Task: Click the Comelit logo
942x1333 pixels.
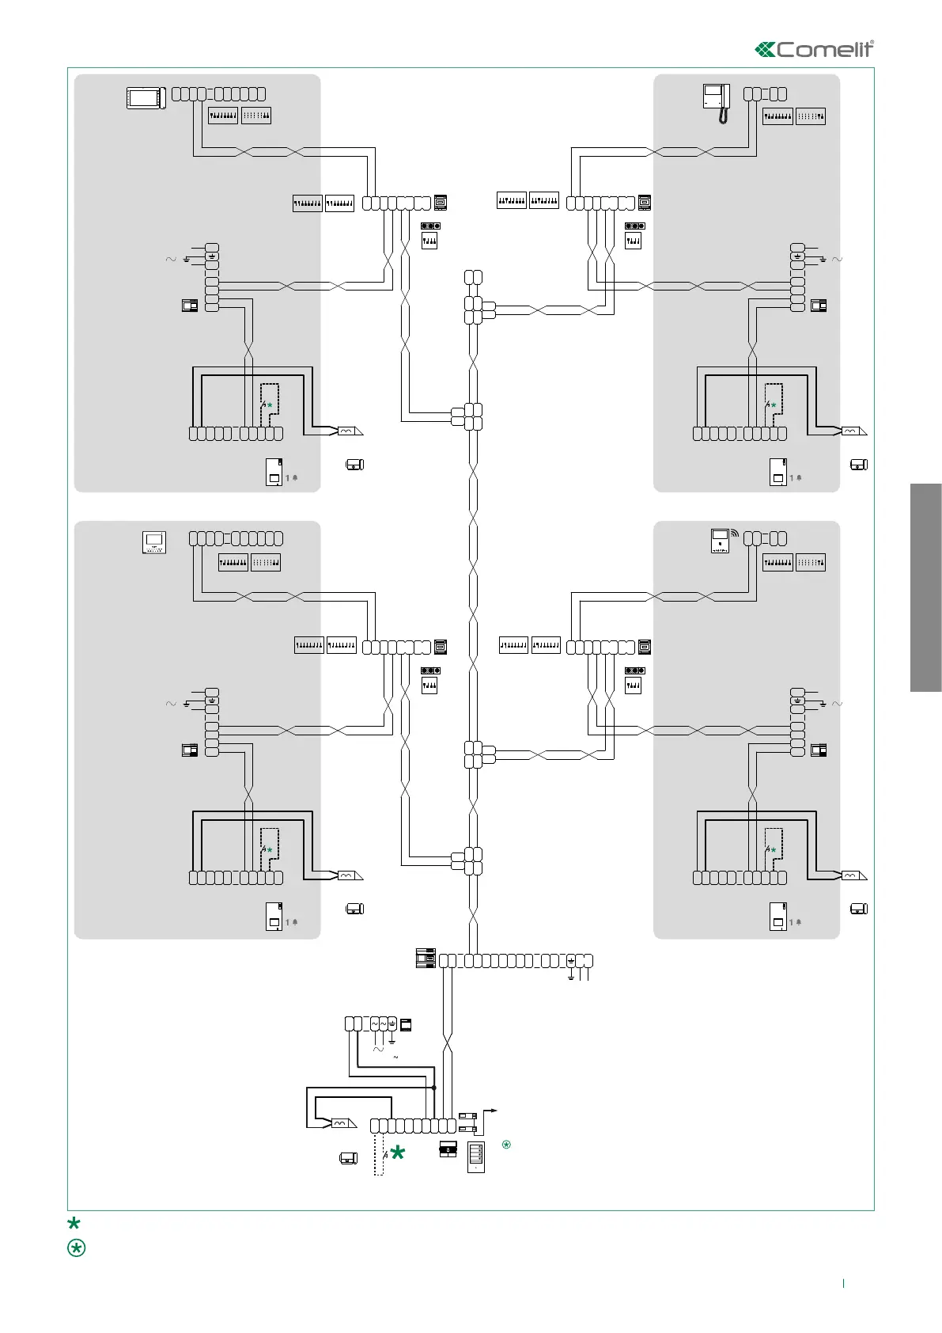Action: pos(815,49)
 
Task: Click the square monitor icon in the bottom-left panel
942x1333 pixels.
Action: pos(154,542)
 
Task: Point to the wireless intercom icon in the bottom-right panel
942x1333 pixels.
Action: pos(721,541)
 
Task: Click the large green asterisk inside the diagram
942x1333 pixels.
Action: pos(398,1153)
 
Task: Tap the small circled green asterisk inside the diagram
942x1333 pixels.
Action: pos(506,1144)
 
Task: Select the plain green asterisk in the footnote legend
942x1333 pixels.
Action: pos(74,1223)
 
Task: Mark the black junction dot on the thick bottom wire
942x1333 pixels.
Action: pos(434,1088)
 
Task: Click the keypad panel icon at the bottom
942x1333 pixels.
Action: pos(476,1156)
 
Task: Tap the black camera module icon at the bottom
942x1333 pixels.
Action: pos(448,1149)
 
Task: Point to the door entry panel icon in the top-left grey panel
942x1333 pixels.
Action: pos(274,472)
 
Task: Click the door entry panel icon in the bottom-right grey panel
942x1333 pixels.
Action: pos(777,916)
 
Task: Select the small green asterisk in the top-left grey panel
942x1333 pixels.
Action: pos(270,405)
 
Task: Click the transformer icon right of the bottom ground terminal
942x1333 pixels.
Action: pos(406,1024)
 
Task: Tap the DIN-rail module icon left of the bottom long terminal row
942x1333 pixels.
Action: pos(426,958)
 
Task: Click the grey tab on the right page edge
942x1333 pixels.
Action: pos(925,587)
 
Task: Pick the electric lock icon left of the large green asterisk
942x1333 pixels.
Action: pos(349,1159)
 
